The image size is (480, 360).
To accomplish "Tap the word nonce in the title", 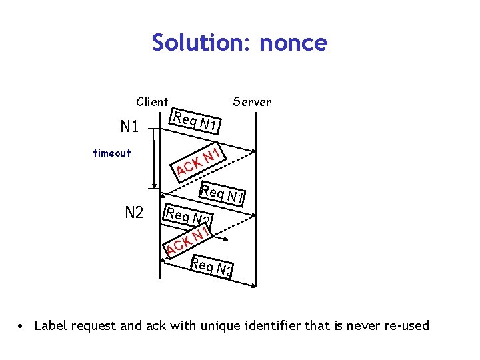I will [293, 43].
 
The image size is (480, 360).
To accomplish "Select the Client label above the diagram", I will [152, 102].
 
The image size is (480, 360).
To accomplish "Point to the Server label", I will [252, 102].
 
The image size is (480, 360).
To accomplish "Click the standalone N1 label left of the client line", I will [129, 127].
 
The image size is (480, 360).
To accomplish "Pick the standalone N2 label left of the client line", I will [135, 213].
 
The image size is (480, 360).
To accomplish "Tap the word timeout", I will [112, 153].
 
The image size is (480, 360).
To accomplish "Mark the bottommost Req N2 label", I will [212, 267].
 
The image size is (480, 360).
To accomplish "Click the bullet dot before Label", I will [23, 326].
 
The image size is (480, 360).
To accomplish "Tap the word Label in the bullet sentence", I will [51, 326].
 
